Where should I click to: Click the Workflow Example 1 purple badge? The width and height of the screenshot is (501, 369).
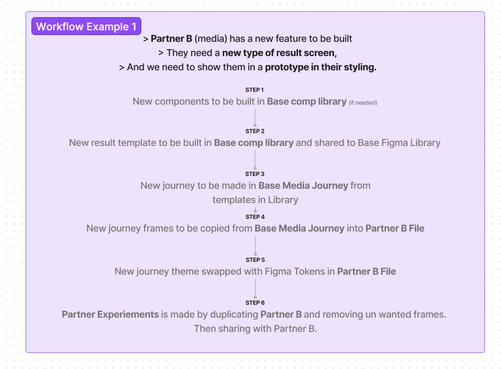[86, 27]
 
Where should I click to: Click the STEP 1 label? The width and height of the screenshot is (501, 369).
[255, 90]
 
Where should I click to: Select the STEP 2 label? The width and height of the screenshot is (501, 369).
[255, 131]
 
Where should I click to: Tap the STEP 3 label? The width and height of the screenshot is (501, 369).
[255, 174]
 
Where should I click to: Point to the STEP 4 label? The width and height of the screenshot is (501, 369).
[255, 217]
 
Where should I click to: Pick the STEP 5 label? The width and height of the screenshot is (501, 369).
[255, 260]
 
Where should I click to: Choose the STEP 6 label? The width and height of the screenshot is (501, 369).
[255, 303]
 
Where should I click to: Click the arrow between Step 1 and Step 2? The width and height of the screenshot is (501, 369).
[255, 118]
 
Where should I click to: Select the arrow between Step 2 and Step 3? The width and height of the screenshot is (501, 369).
[255, 159]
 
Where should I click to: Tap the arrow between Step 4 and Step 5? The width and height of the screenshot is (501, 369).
[255, 246]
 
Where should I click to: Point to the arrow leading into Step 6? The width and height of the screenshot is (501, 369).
[255, 288]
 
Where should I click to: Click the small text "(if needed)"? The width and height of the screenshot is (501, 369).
[363, 102]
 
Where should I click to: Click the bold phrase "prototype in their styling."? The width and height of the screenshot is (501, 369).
[321, 67]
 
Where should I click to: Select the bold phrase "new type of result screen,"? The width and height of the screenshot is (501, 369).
[279, 53]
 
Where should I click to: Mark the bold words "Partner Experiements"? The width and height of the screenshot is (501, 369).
[110, 314]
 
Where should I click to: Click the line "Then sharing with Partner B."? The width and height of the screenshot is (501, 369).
[255, 328]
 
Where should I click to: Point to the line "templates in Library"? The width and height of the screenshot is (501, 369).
[255, 200]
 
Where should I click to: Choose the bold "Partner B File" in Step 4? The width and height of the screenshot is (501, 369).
[395, 229]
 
